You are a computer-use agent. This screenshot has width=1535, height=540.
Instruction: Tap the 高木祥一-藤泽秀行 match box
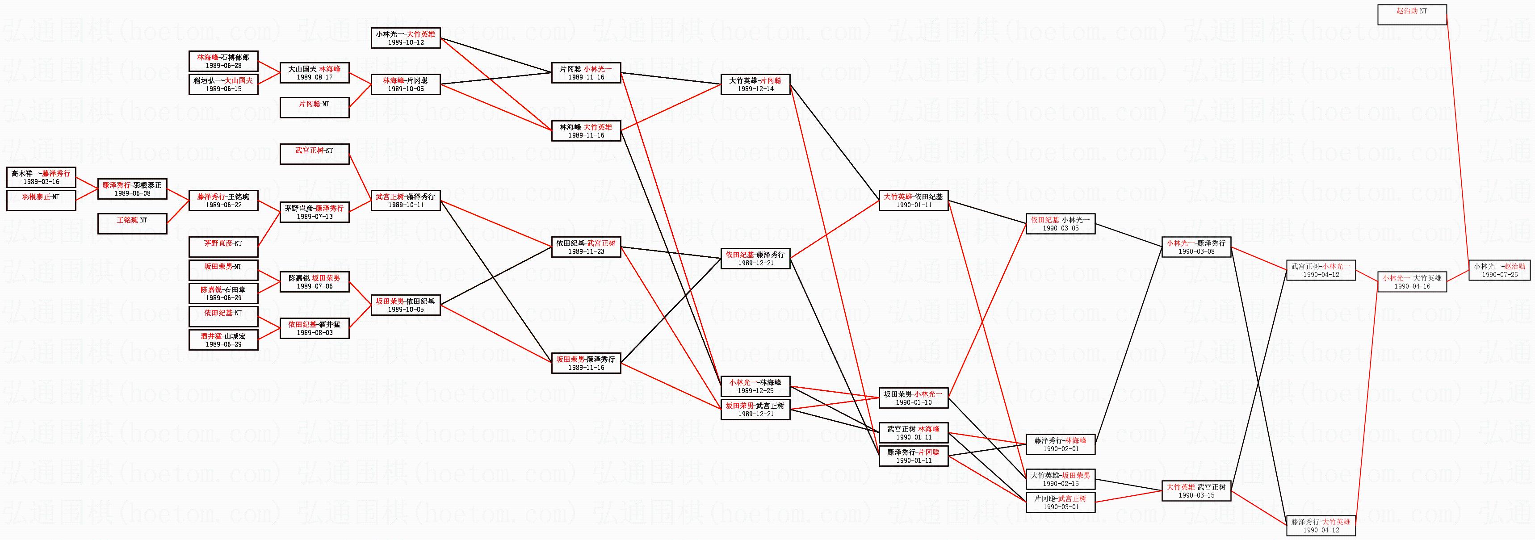click(x=41, y=177)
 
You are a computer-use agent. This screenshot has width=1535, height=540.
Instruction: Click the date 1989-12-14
click(x=755, y=89)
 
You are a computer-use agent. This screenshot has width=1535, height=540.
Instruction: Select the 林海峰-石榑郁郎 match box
click(x=223, y=61)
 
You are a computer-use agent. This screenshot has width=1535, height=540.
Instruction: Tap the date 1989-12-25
click(x=755, y=391)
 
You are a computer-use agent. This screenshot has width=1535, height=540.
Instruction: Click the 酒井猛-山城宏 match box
click(x=223, y=340)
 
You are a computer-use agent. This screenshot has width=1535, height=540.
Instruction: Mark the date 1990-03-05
click(x=1060, y=228)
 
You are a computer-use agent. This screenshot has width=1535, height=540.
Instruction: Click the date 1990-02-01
click(x=1060, y=449)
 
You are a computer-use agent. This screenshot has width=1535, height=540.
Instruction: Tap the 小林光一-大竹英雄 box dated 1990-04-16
click(x=1412, y=281)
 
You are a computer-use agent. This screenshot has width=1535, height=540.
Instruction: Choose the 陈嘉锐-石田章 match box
click(x=223, y=293)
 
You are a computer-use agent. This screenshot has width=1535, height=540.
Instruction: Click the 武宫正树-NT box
click(x=314, y=154)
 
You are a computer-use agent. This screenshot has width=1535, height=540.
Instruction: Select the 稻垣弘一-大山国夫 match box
click(x=223, y=84)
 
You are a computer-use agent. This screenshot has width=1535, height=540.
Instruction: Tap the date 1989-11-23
click(x=586, y=251)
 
